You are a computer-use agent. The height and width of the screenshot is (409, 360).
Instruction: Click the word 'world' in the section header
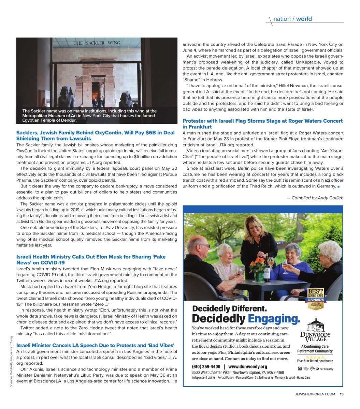click(x=304, y=19)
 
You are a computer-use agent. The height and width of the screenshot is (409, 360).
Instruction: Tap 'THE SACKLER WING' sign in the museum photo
click(x=97, y=43)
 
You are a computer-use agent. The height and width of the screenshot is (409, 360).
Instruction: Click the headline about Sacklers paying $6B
click(x=95, y=136)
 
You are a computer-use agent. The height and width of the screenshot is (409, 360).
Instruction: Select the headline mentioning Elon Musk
click(x=91, y=260)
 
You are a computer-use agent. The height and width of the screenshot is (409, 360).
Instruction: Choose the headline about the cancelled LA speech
click(x=95, y=345)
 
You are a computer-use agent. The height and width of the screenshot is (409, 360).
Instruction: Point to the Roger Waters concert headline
click(x=262, y=124)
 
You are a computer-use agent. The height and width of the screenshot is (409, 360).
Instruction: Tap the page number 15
click(x=341, y=394)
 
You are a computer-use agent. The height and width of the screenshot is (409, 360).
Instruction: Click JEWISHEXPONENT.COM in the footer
click(x=315, y=394)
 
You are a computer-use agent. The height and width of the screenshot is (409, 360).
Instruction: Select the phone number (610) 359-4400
click(x=206, y=367)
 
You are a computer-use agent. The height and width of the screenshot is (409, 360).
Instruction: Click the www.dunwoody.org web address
click(x=247, y=367)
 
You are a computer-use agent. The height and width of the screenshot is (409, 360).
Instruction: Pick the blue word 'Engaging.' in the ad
click(x=274, y=319)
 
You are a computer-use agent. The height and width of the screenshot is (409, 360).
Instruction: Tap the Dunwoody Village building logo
click(x=315, y=325)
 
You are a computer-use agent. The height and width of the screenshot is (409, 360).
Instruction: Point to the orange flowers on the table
click(x=259, y=264)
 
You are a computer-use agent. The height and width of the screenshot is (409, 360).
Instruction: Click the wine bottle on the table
click(x=267, y=268)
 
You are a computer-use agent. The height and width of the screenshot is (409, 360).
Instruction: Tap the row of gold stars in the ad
click(x=315, y=357)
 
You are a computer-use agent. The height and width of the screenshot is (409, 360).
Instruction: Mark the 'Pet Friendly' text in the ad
click(x=326, y=369)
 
